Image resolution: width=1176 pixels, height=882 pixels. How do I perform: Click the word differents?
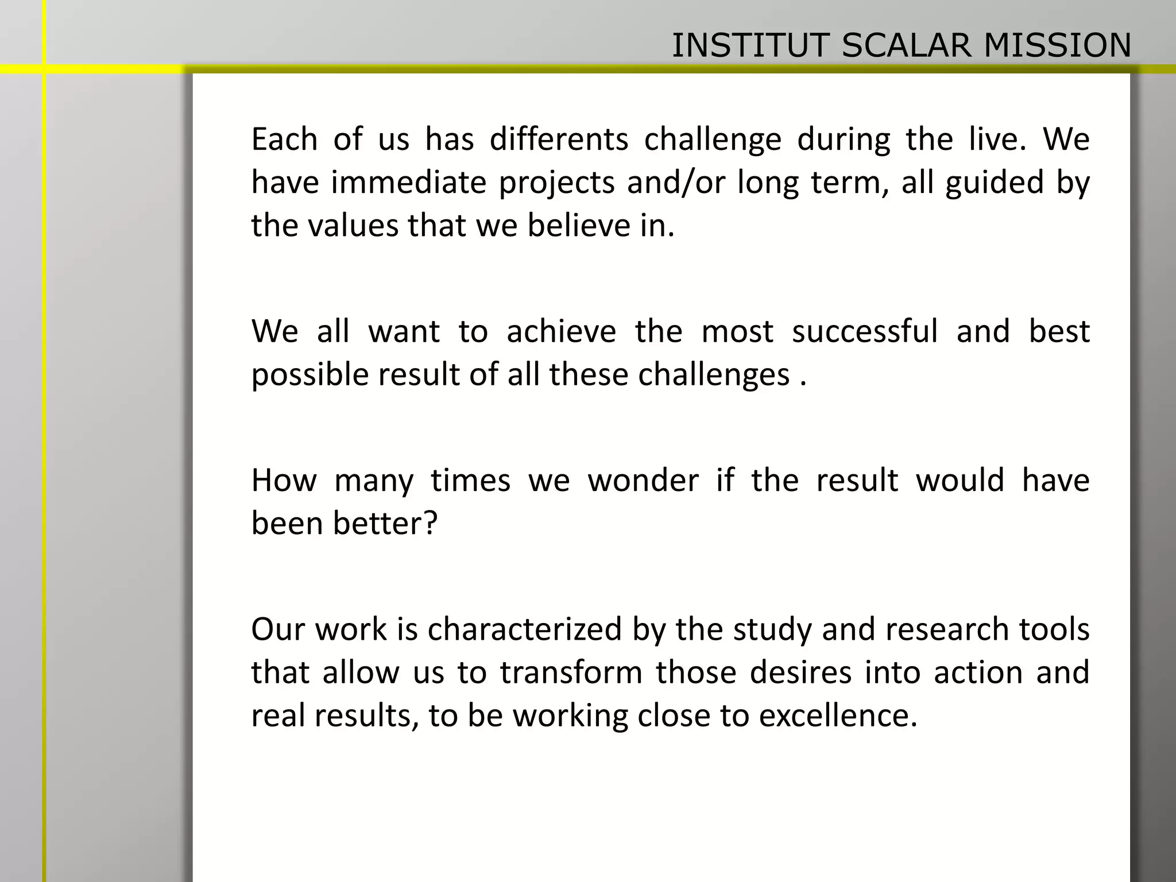click(x=559, y=140)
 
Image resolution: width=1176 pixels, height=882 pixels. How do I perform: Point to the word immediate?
click(x=408, y=183)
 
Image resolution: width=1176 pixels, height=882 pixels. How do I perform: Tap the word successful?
click(x=865, y=331)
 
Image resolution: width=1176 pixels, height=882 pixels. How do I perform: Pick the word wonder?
click(x=643, y=480)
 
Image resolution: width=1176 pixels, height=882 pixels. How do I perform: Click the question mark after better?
click(x=430, y=523)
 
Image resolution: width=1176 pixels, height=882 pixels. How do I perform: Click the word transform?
click(x=571, y=672)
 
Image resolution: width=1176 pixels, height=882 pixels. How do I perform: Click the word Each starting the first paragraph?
click(x=284, y=140)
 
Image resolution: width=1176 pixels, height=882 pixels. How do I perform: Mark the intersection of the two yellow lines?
click(x=44, y=69)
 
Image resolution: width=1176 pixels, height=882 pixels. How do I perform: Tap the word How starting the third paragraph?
click(x=284, y=480)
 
